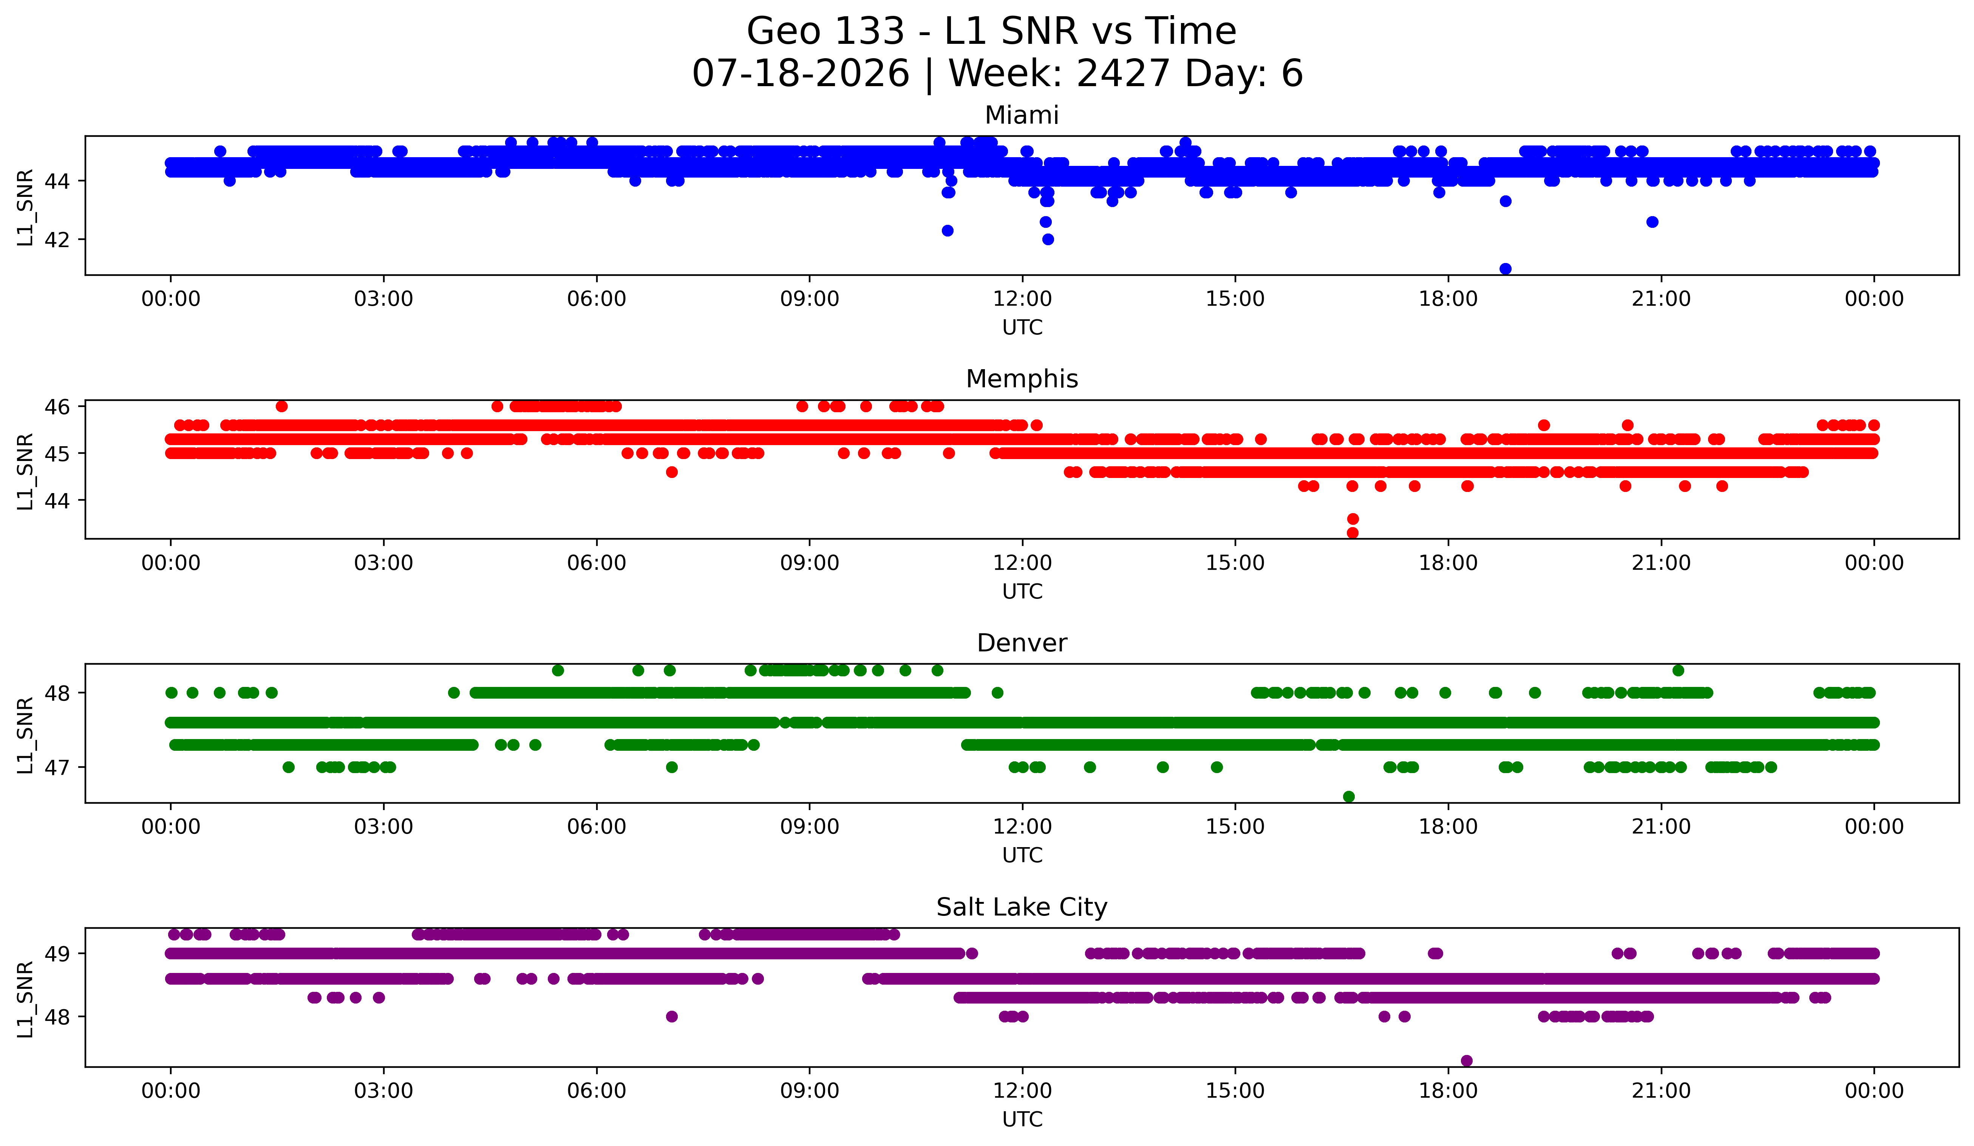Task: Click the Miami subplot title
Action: tap(1022, 115)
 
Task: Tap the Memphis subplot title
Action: tap(1022, 379)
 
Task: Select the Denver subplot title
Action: tap(1022, 643)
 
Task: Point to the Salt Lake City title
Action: tap(1022, 907)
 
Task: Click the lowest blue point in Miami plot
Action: tap(1505, 269)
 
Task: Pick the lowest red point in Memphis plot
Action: tap(1352, 533)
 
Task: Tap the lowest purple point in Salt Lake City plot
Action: tap(1466, 1061)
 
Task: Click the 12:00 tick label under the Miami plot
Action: tap(1022, 299)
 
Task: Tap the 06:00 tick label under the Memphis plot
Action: tap(597, 563)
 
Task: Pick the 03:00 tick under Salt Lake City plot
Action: tap(384, 1091)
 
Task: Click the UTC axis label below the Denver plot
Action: tap(1022, 855)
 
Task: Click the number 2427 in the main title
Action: tap(1122, 74)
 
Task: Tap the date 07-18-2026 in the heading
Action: tap(801, 74)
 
